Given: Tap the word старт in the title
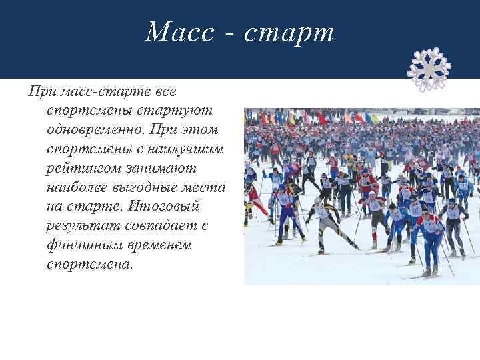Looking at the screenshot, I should click(289, 31).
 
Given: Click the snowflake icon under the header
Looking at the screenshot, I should click(429, 69).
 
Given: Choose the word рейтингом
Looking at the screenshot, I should click(87, 167).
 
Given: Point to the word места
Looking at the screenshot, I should click(206, 187).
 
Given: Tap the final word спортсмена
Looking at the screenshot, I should click(89, 265).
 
